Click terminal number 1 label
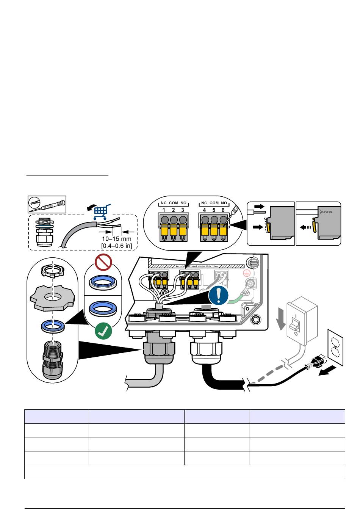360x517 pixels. (x=164, y=210)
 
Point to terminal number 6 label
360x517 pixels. (x=224, y=210)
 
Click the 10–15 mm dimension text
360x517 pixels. (x=117, y=239)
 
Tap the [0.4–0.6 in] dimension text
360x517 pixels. (x=117, y=246)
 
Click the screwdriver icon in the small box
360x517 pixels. (x=47, y=205)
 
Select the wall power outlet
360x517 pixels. (x=335, y=347)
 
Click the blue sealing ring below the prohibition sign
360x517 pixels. (x=103, y=281)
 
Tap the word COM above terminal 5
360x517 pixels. (x=214, y=203)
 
